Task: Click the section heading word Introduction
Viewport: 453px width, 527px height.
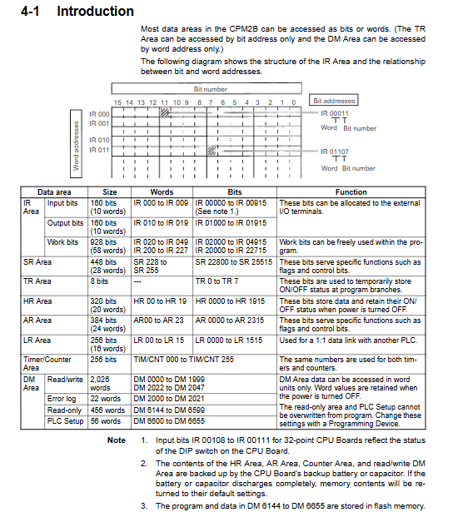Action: [96, 11]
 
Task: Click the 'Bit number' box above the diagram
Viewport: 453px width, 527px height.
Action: [207, 89]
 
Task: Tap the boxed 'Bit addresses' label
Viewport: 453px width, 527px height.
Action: [334, 101]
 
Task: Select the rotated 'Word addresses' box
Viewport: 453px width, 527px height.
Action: [77, 144]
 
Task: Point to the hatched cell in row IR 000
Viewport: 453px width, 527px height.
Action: [164, 112]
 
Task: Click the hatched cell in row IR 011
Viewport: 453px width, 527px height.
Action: [212, 151]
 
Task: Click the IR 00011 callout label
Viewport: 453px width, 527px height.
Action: [335, 113]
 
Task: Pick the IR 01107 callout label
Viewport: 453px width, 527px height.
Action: [335, 152]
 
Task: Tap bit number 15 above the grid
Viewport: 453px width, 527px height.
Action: [117, 102]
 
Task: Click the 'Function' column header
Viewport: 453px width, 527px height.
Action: [351, 192]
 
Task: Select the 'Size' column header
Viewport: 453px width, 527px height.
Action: [110, 192]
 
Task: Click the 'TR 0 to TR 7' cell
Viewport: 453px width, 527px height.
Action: [217, 281]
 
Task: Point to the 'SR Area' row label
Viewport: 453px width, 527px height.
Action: [37, 262]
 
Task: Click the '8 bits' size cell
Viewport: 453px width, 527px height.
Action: [99, 281]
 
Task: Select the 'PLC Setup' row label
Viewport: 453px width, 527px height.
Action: [65, 421]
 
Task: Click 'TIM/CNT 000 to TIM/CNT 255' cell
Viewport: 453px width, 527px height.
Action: [183, 360]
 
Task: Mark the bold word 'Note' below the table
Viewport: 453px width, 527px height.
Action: [117, 440]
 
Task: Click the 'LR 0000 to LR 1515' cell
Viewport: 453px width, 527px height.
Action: [228, 341]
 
